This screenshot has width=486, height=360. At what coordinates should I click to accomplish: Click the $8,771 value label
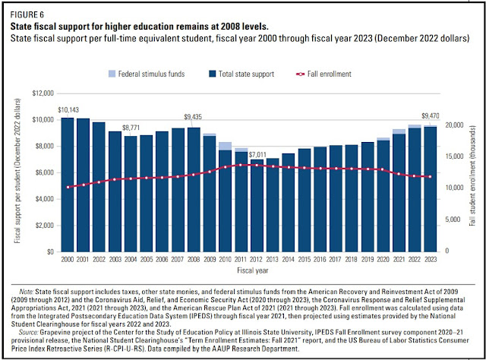tap(131, 127)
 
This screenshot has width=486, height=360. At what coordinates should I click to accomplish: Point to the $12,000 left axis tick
tap(41, 93)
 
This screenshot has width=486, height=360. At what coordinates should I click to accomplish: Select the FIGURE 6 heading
tap(27, 14)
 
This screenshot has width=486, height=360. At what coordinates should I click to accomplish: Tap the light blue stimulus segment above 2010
tap(225, 146)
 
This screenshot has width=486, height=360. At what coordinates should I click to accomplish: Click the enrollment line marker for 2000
tap(68, 187)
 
